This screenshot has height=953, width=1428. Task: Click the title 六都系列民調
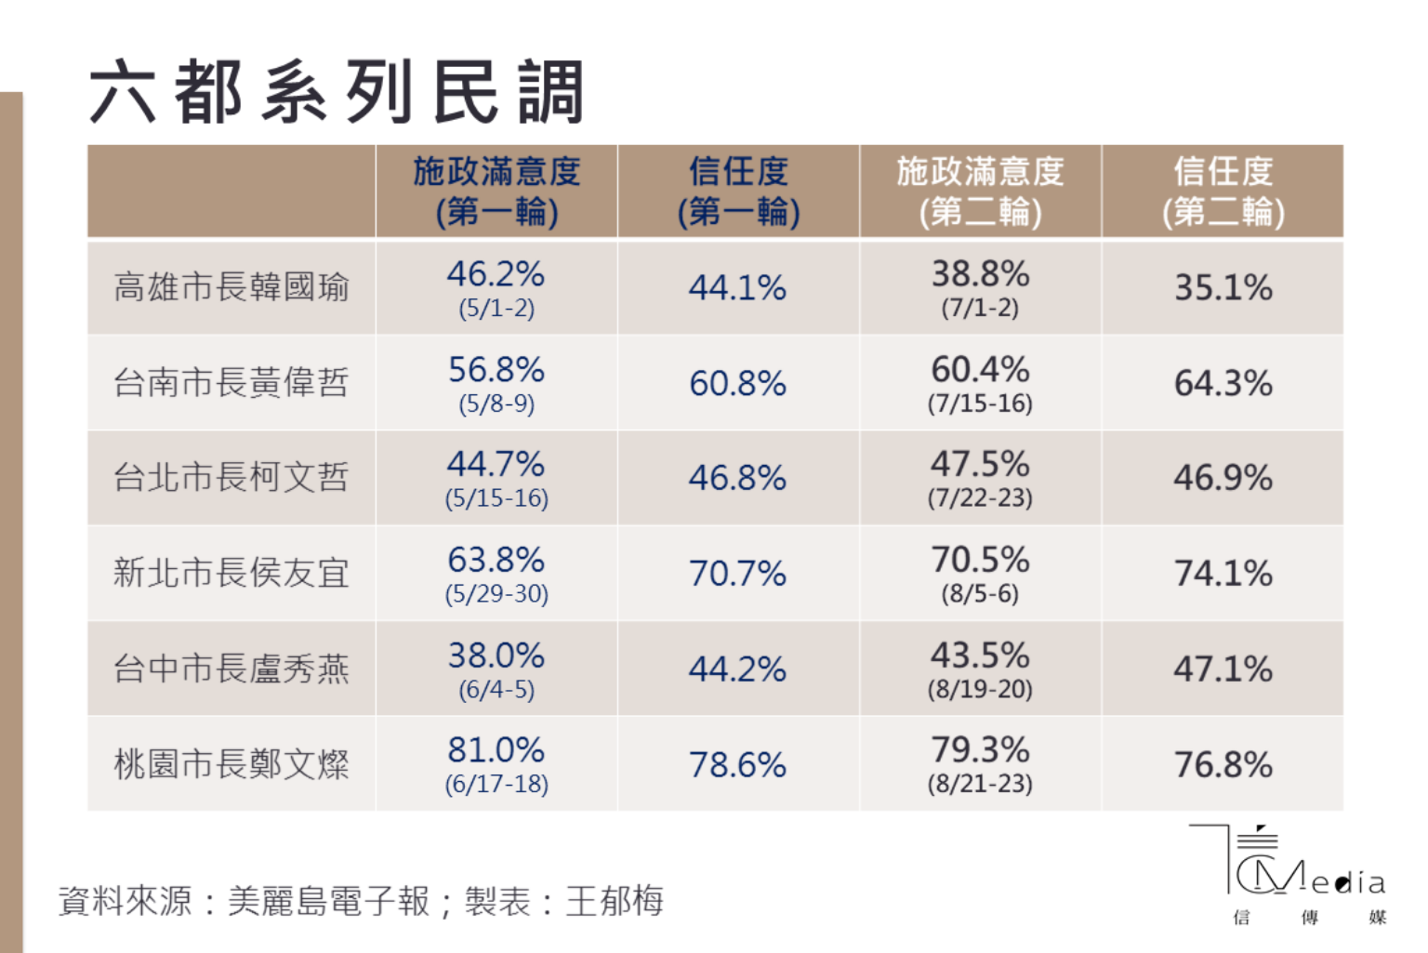(337, 92)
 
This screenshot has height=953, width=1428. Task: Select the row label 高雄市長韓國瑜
(231, 287)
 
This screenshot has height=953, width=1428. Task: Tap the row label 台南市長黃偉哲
(231, 383)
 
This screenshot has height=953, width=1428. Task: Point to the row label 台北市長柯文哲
(231, 478)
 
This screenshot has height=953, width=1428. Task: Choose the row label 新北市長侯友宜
(231, 573)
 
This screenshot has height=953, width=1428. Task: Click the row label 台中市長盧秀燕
(231, 668)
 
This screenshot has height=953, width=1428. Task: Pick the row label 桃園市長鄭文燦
(231, 764)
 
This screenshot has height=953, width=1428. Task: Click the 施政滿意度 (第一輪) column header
(496, 192)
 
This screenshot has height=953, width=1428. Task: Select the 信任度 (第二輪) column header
(1223, 192)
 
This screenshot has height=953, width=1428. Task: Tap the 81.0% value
(496, 750)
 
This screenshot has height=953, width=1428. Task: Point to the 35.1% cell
(1223, 288)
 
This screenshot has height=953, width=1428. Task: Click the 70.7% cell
(737, 574)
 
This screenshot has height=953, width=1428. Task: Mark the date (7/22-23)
(980, 498)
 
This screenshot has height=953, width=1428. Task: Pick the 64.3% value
(1223, 383)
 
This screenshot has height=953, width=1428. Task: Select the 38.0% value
(496, 655)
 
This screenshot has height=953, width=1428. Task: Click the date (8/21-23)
(980, 784)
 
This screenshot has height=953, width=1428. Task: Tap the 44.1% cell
(737, 288)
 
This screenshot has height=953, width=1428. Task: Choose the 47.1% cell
(1223, 669)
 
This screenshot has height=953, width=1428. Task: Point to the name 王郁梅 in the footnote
(615, 901)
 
